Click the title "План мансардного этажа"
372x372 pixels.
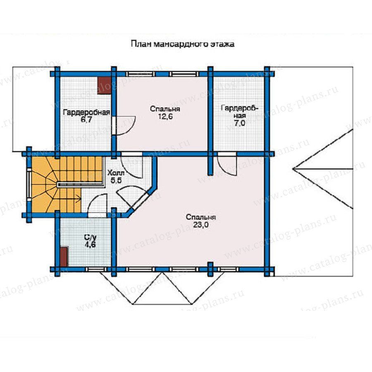pyautogui.click(x=182, y=44)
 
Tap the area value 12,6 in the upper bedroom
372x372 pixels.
pyautogui.click(x=165, y=117)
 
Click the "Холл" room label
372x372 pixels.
pyautogui.click(x=116, y=173)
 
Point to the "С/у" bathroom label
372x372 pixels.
pyautogui.click(x=90, y=237)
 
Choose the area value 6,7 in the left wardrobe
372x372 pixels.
pyautogui.click(x=86, y=119)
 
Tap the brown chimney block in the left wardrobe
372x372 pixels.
pyautogui.click(x=105, y=86)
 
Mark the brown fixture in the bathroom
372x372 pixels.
pyautogui.click(x=64, y=256)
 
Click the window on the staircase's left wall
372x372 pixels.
pyautogui.click(x=29, y=185)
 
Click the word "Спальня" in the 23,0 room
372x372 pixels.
pyautogui.click(x=201, y=217)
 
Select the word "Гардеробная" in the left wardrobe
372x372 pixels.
pyautogui.click(x=87, y=112)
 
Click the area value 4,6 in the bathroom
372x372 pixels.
pyautogui.click(x=90, y=244)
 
